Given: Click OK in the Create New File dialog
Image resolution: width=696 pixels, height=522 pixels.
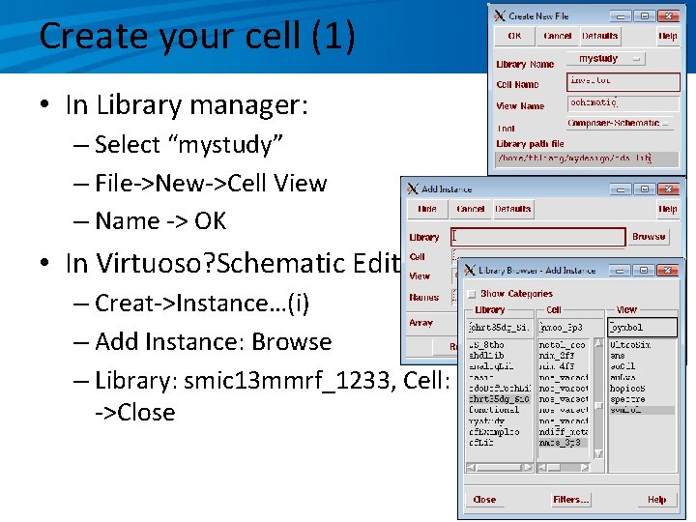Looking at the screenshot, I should point(514,36).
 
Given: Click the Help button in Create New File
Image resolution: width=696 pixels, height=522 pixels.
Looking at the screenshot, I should point(668,36).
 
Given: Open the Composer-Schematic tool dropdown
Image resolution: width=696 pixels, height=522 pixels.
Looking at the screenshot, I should point(619,124).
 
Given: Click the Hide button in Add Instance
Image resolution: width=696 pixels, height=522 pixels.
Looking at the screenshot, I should point(428,209).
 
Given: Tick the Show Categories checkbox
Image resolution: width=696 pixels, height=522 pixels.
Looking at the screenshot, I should point(471,294).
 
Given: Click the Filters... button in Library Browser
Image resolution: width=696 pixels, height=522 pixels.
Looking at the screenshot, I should point(571,500).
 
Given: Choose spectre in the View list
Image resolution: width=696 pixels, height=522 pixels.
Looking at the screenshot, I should point(628,398).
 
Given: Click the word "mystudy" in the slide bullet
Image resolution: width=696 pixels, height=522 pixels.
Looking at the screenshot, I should point(224,145).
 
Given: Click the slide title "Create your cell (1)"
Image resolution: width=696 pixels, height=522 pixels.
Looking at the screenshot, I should point(197,37).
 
